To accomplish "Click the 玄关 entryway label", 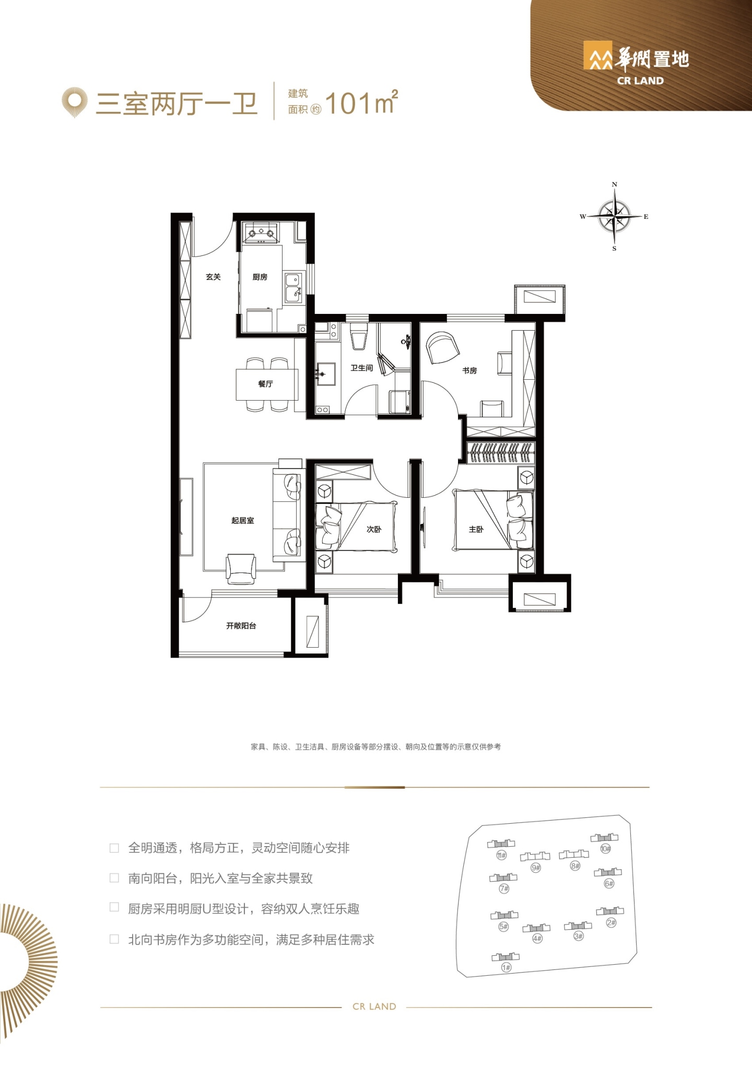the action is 213,277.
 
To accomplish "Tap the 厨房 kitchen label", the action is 260,277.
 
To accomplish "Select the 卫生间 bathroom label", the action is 361,368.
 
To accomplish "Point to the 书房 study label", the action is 469,370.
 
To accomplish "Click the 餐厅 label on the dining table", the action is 265,384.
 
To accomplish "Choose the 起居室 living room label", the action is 243,520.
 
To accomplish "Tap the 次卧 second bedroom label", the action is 374,529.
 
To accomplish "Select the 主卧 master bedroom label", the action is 476,529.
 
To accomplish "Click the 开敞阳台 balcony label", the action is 241,625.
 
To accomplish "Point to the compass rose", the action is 615,216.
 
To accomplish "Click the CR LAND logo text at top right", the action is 640,81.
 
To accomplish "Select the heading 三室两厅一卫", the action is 177,103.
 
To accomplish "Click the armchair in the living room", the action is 241,569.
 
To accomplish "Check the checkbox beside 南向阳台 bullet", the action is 114,878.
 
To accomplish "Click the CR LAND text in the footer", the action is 374,1007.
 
